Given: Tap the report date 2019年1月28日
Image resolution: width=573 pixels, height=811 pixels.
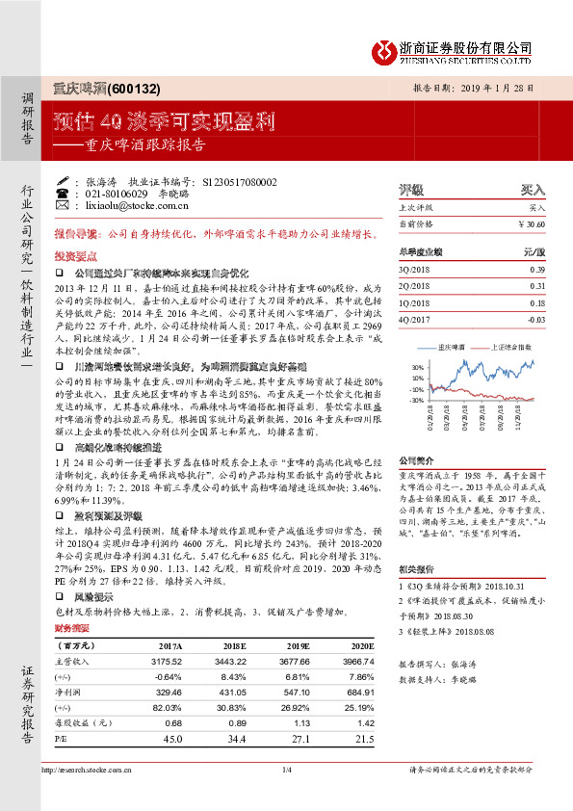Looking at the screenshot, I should point(499,88).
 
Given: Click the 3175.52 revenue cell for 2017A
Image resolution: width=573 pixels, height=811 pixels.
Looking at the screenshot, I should point(156,663).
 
